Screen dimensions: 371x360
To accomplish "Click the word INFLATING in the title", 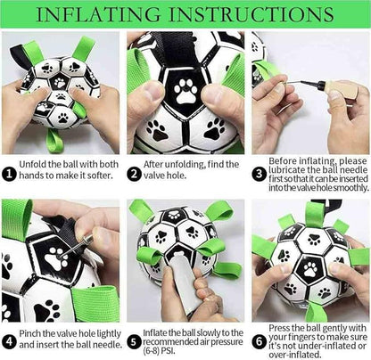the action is click(x=98, y=14).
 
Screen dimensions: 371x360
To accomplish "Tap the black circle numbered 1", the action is click(x=10, y=174).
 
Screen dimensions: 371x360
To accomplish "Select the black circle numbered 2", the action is click(x=134, y=174).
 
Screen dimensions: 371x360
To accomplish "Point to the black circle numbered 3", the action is click(x=260, y=174).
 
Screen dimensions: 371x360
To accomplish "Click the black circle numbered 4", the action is click(x=10, y=342).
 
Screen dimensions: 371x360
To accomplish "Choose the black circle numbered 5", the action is click(x=134, y=342).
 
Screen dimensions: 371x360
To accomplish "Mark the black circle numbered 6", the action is click(x=260, y=342).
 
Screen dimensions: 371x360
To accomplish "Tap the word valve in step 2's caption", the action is click(x=153, y=176).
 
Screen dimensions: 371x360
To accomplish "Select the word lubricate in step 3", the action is click(x=287, y=170).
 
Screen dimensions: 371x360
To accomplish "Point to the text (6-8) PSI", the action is click(x=159, y=351).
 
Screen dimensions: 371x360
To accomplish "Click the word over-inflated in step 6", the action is click(x=295, y=355).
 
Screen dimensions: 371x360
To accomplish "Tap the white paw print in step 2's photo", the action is click(x=185, y=91).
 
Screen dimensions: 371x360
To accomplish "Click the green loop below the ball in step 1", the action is click(x=54, y=141).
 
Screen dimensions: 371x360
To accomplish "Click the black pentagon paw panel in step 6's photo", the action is click(x=310, y=269).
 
